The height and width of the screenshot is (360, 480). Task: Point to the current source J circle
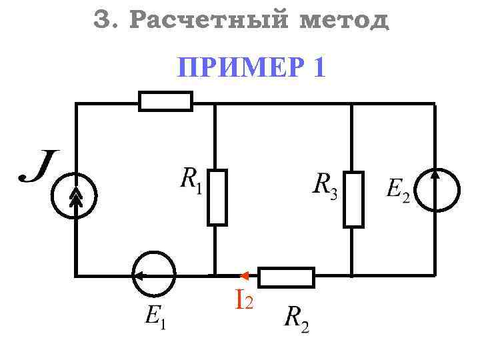click(76, 196)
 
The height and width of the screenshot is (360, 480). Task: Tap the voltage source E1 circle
click(154, 273)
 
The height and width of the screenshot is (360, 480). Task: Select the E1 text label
click(155, 317)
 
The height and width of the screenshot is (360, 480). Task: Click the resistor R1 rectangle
click(217, 197)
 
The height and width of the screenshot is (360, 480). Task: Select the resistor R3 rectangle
click(353, 199)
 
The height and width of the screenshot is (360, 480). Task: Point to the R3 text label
click(326, 184)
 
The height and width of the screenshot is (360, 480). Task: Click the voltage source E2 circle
click(437, 191)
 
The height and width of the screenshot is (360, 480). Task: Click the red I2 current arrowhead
click(244, 275)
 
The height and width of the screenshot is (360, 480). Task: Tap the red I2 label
click(243, 299)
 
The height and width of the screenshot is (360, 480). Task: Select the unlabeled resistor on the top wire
click(165, 101)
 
